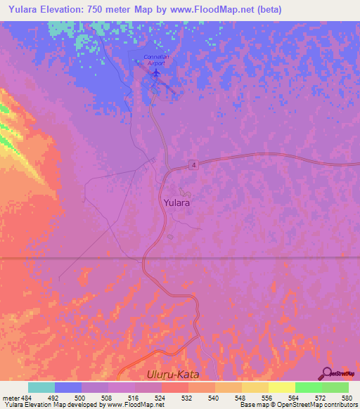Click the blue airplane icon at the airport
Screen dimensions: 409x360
[x=155, y=72]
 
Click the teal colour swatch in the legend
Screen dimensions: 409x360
[x=41, y=387]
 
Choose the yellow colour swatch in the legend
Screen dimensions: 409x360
[x=282, y=387]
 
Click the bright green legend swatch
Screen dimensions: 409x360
[x=309, y=387]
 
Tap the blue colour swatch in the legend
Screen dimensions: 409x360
[x=68, y=387]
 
